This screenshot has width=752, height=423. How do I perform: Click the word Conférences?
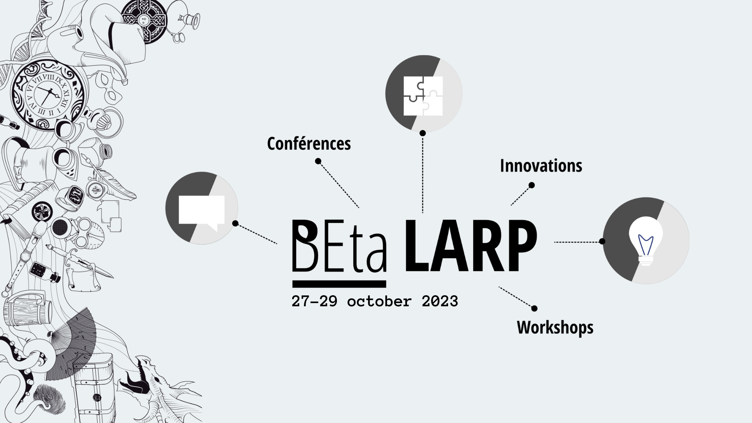pyautogui.click(x=309, y=144)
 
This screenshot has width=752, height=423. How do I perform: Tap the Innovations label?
pyautogui.click(x=541, y=166)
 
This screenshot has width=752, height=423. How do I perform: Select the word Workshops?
pyautogui.click(x=555, y=327)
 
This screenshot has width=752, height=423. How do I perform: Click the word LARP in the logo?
pyautogui.click(x=470, y=246)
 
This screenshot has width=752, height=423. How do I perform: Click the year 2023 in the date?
pyautogui.click(x=440, y=301)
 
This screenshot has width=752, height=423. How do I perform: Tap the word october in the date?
pyautogui.click(x=379, y=301)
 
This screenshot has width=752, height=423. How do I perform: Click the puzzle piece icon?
pyautogui.click(x=423, y=96)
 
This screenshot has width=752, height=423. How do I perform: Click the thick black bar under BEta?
pyautogui.click(x=339, y=284)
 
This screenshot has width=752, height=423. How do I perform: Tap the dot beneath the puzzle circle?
pyautogui.click(x=423, y=133)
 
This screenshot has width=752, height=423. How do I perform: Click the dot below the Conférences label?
pyautogui.click(x=318, y=161)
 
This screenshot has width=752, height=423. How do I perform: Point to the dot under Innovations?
pyautogui.click(x=531, y=185)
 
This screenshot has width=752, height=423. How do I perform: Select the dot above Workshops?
pyautogui.click(x=534, y=309)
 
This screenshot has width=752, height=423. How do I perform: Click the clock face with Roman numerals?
pyautogui.click(x=47, y=96)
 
